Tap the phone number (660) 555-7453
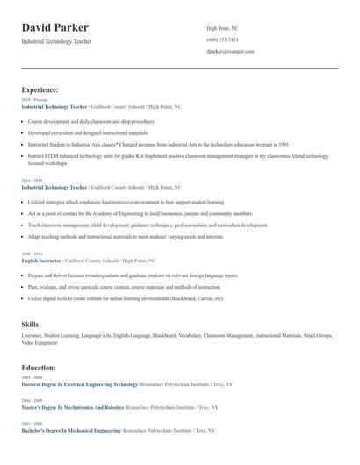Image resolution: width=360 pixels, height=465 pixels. tap(222, 40)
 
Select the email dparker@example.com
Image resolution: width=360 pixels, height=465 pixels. tap(230, 52)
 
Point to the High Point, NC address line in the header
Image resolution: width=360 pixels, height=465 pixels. tap(222, 28)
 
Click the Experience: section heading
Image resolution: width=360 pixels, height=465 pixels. tap(40, 89)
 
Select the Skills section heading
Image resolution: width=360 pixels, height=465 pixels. tap(31, 325)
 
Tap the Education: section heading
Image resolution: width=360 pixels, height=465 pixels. tap(40, 367)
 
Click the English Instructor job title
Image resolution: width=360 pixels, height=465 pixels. tap(41, 261)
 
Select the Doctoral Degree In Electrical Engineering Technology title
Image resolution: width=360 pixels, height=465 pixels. tap(79, 384)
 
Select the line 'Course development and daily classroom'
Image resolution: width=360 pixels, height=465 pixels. tap(91, 122)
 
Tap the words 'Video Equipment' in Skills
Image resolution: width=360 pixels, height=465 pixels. tap(40, 341)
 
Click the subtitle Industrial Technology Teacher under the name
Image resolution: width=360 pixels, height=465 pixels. tap(56, 41)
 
